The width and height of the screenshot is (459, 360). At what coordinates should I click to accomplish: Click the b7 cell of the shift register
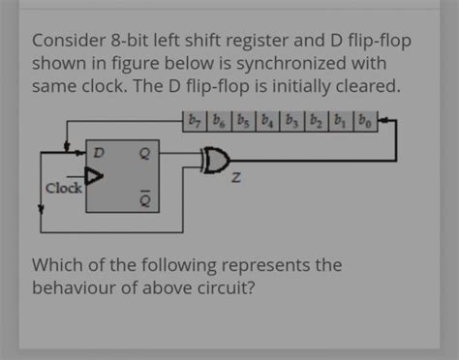click(x=194, y=123)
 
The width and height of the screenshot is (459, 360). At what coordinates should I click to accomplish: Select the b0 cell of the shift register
click(x=363, y=123)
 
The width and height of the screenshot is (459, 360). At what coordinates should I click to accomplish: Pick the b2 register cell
click(x=315, y=123)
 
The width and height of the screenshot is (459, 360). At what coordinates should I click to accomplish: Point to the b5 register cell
click(x=242, y=123)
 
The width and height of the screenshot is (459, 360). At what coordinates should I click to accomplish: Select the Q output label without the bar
click(x=144, y=152)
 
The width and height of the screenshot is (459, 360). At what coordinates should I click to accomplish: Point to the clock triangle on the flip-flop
click(x=93, y=176)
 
